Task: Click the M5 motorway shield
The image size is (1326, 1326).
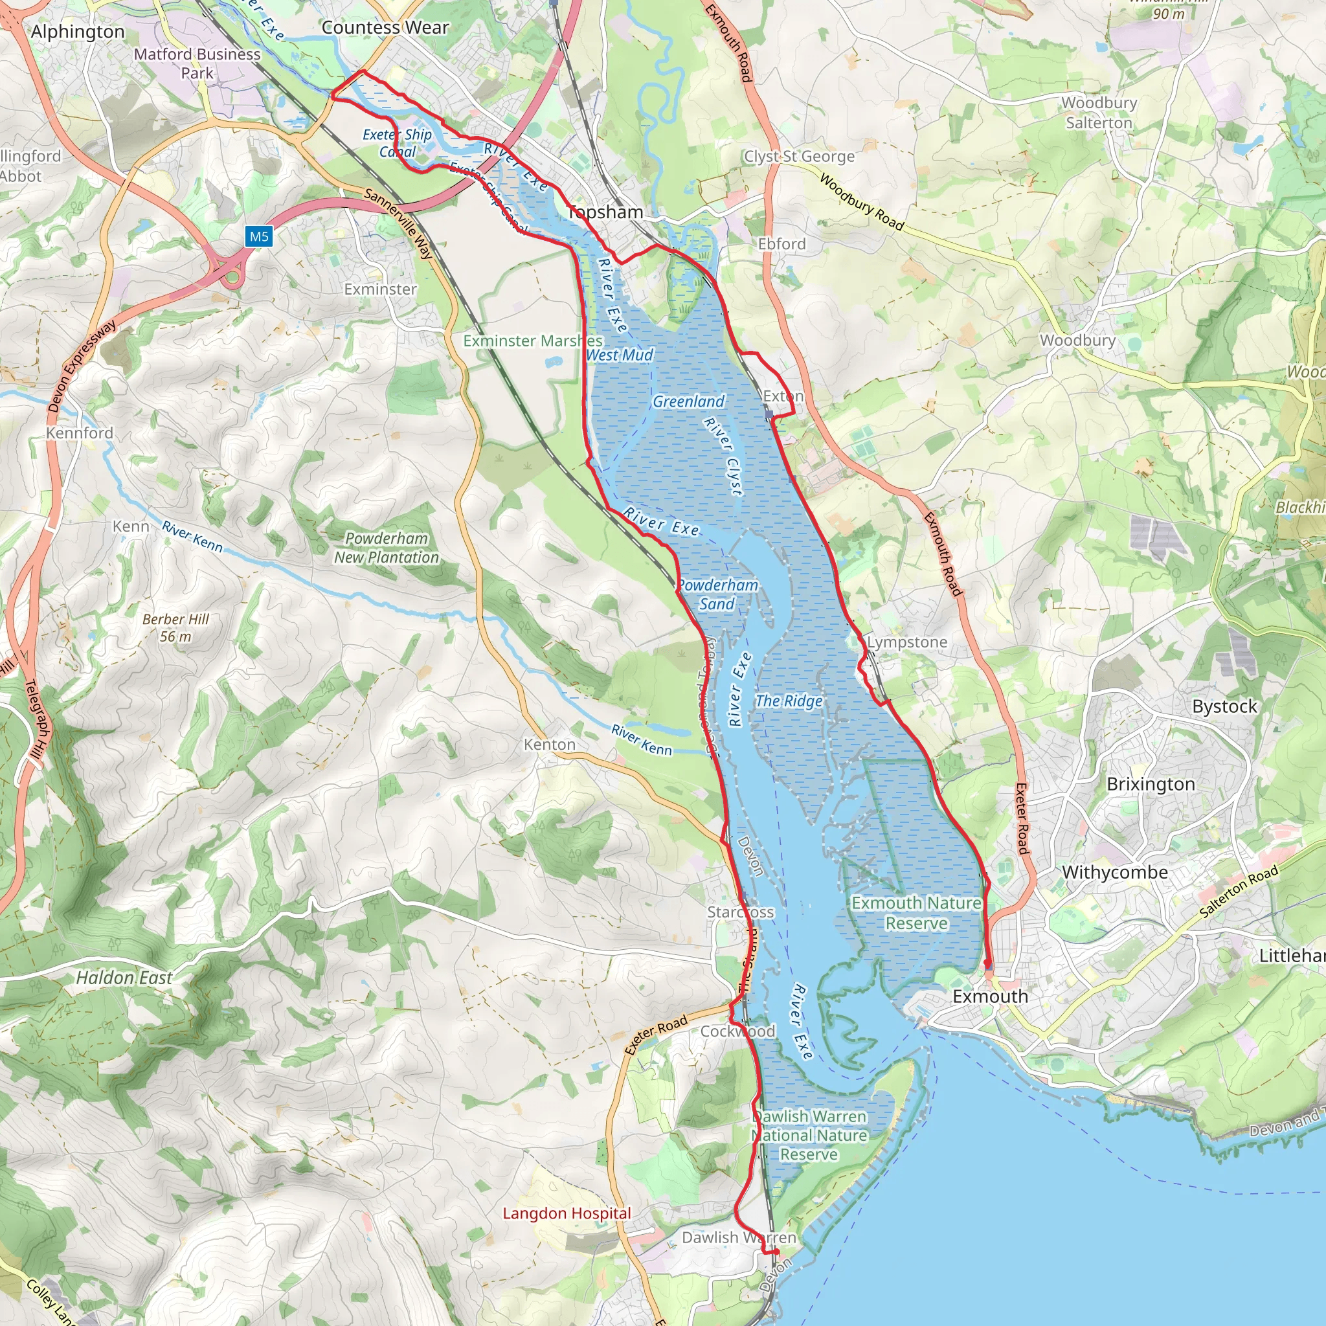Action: (x=259, y=237)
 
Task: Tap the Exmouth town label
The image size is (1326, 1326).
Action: (x=990, y=996)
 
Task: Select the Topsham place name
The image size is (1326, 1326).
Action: (x=605, y=212)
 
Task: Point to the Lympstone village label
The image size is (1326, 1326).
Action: (x=906, y=642)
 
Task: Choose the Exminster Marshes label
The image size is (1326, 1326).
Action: (x=533, y=341)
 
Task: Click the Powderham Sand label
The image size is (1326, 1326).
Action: (x=717, y=594)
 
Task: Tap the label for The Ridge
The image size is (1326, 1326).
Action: (x=789, y=701)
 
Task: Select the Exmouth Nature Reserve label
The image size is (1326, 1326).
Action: (x=916, y=913)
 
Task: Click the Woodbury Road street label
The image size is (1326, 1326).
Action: (x=861, y=203)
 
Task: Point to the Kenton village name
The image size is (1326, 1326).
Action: (x=549, y=744)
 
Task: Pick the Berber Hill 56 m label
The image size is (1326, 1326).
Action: (x=175, y=627)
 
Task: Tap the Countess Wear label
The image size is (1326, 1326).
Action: (x=385, y=27)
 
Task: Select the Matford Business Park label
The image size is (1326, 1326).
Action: (x=197, y=63)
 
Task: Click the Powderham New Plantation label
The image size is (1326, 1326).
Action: (x=387, y=548)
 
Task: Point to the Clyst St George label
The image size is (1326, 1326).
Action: (x=800, y=157)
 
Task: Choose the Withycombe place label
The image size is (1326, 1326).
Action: (x=1115, y=872)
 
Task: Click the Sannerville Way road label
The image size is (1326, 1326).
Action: (x=398, y=223)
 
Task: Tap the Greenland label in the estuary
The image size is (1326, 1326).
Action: (x=688, y=401)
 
